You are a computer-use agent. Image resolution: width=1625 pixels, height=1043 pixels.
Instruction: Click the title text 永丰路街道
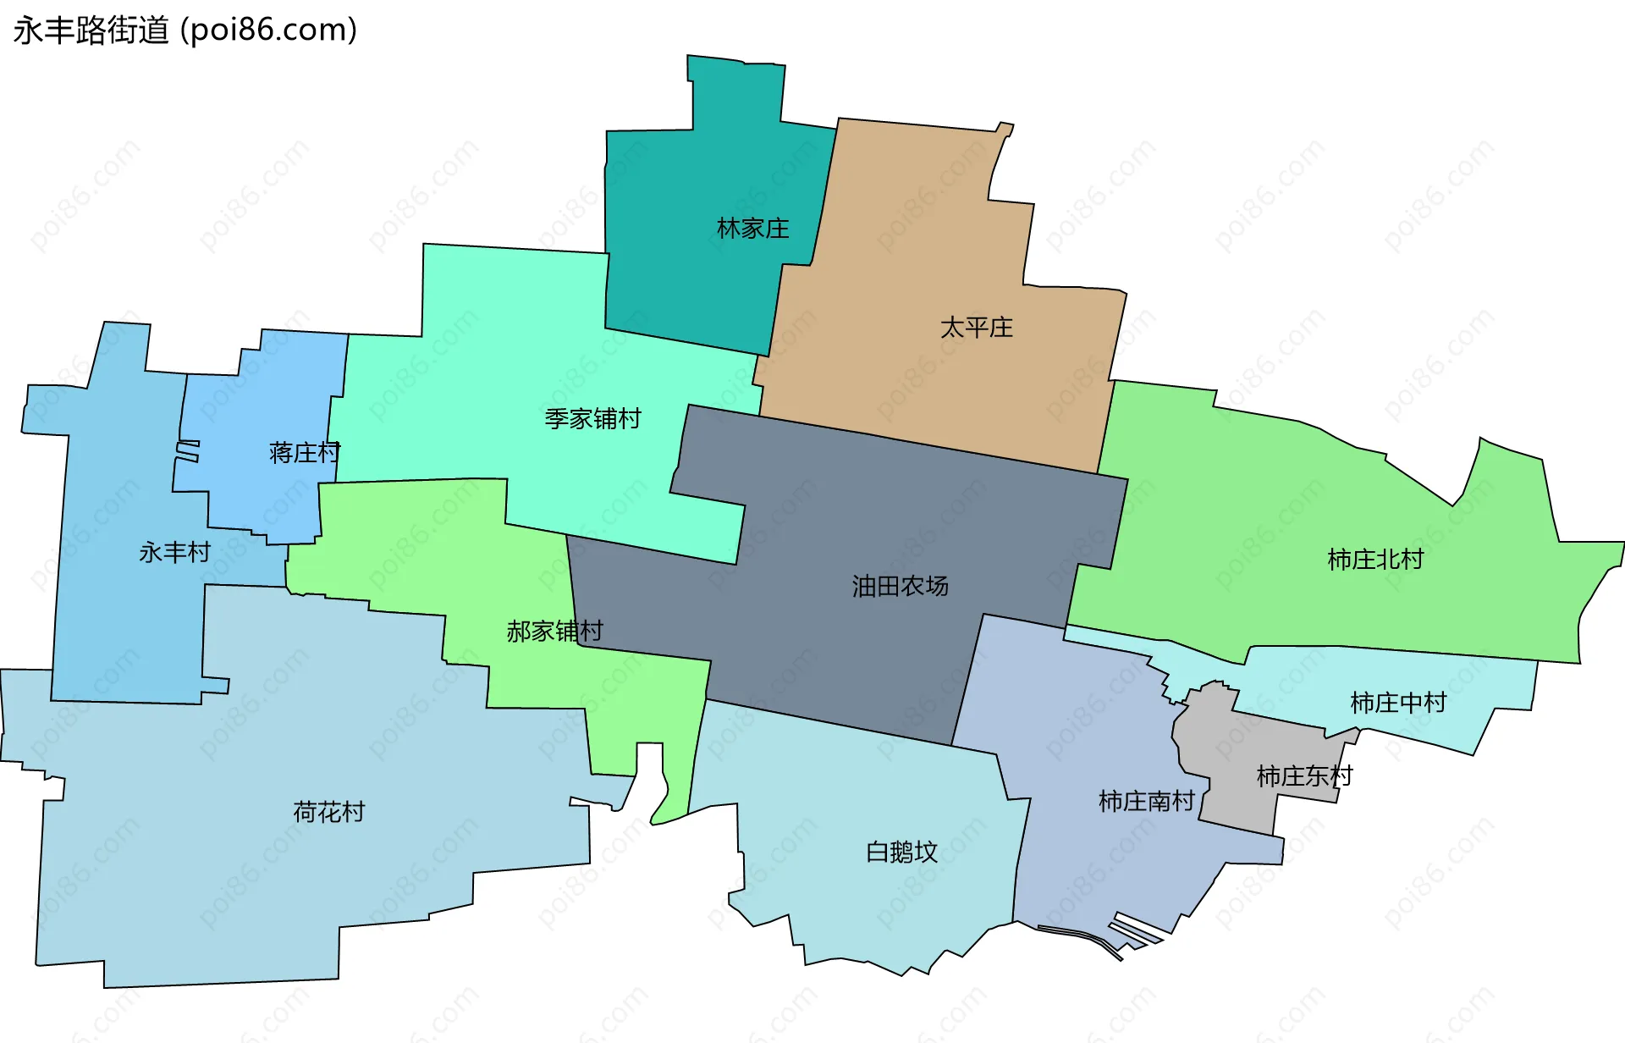(91, 30)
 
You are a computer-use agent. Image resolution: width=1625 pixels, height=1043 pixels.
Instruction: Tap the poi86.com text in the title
(269, 30)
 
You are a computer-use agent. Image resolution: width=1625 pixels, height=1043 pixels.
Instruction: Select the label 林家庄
(752, 229)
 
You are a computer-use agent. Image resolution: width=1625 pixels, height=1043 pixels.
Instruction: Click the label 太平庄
(976, 328)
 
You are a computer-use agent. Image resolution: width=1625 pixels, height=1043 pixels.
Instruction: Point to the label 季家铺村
(592, 418)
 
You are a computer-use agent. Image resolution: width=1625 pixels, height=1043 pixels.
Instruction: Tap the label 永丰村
(174, 552)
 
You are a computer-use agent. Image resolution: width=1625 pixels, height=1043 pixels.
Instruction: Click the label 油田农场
(900, 586)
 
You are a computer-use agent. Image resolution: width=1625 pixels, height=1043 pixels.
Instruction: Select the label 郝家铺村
(554, 631)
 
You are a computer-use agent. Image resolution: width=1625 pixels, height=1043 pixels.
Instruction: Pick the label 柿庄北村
(1375, 560)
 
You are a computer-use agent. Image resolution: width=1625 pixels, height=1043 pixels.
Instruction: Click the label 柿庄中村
(1398, 703)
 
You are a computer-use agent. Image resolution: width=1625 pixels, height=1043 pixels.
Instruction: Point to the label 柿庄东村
(1304, 775)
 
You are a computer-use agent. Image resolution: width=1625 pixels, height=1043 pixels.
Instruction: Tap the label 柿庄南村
(1146, 801)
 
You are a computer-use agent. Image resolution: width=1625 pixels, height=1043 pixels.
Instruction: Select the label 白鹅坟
(901, 852)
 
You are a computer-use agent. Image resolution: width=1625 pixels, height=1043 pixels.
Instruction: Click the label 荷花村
(328, 813)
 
